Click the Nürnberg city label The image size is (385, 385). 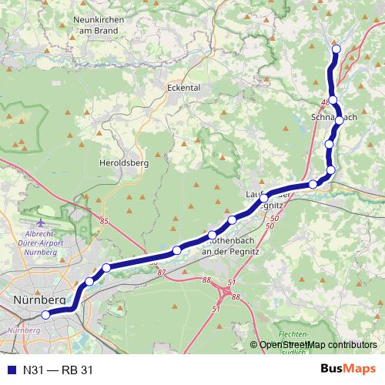(x=39, y=299)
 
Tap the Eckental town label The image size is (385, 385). (x=183, y=88)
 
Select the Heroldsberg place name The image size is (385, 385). (x=123, y=162)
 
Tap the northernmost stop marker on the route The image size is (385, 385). (x=336, y=50)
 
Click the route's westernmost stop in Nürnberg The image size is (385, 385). (x=45, y=314)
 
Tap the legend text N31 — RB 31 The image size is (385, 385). (x=58, y=370)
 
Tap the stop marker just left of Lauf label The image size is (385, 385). (x=264, y=199)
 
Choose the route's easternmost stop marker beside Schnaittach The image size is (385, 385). (x=340, y=119)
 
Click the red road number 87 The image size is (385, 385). (x=161, y=272)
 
